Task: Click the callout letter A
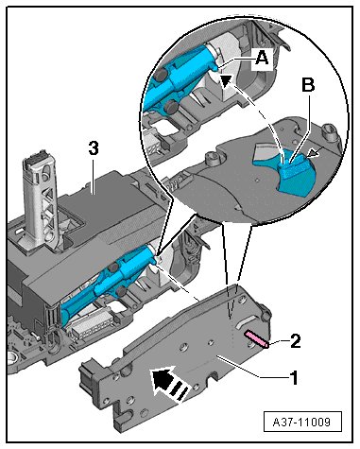tap(262, 59)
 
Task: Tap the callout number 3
tap(94, 148)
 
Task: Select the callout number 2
tap(295, 341)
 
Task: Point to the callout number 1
tap(294, 378)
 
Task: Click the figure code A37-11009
tap(302, 422)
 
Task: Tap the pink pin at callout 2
tap(257, 338)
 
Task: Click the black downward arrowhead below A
tap(226, 81)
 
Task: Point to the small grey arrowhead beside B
tap(314, 153)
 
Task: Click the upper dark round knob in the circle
tap(161, 75)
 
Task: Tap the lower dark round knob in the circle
tap(172, 107)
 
